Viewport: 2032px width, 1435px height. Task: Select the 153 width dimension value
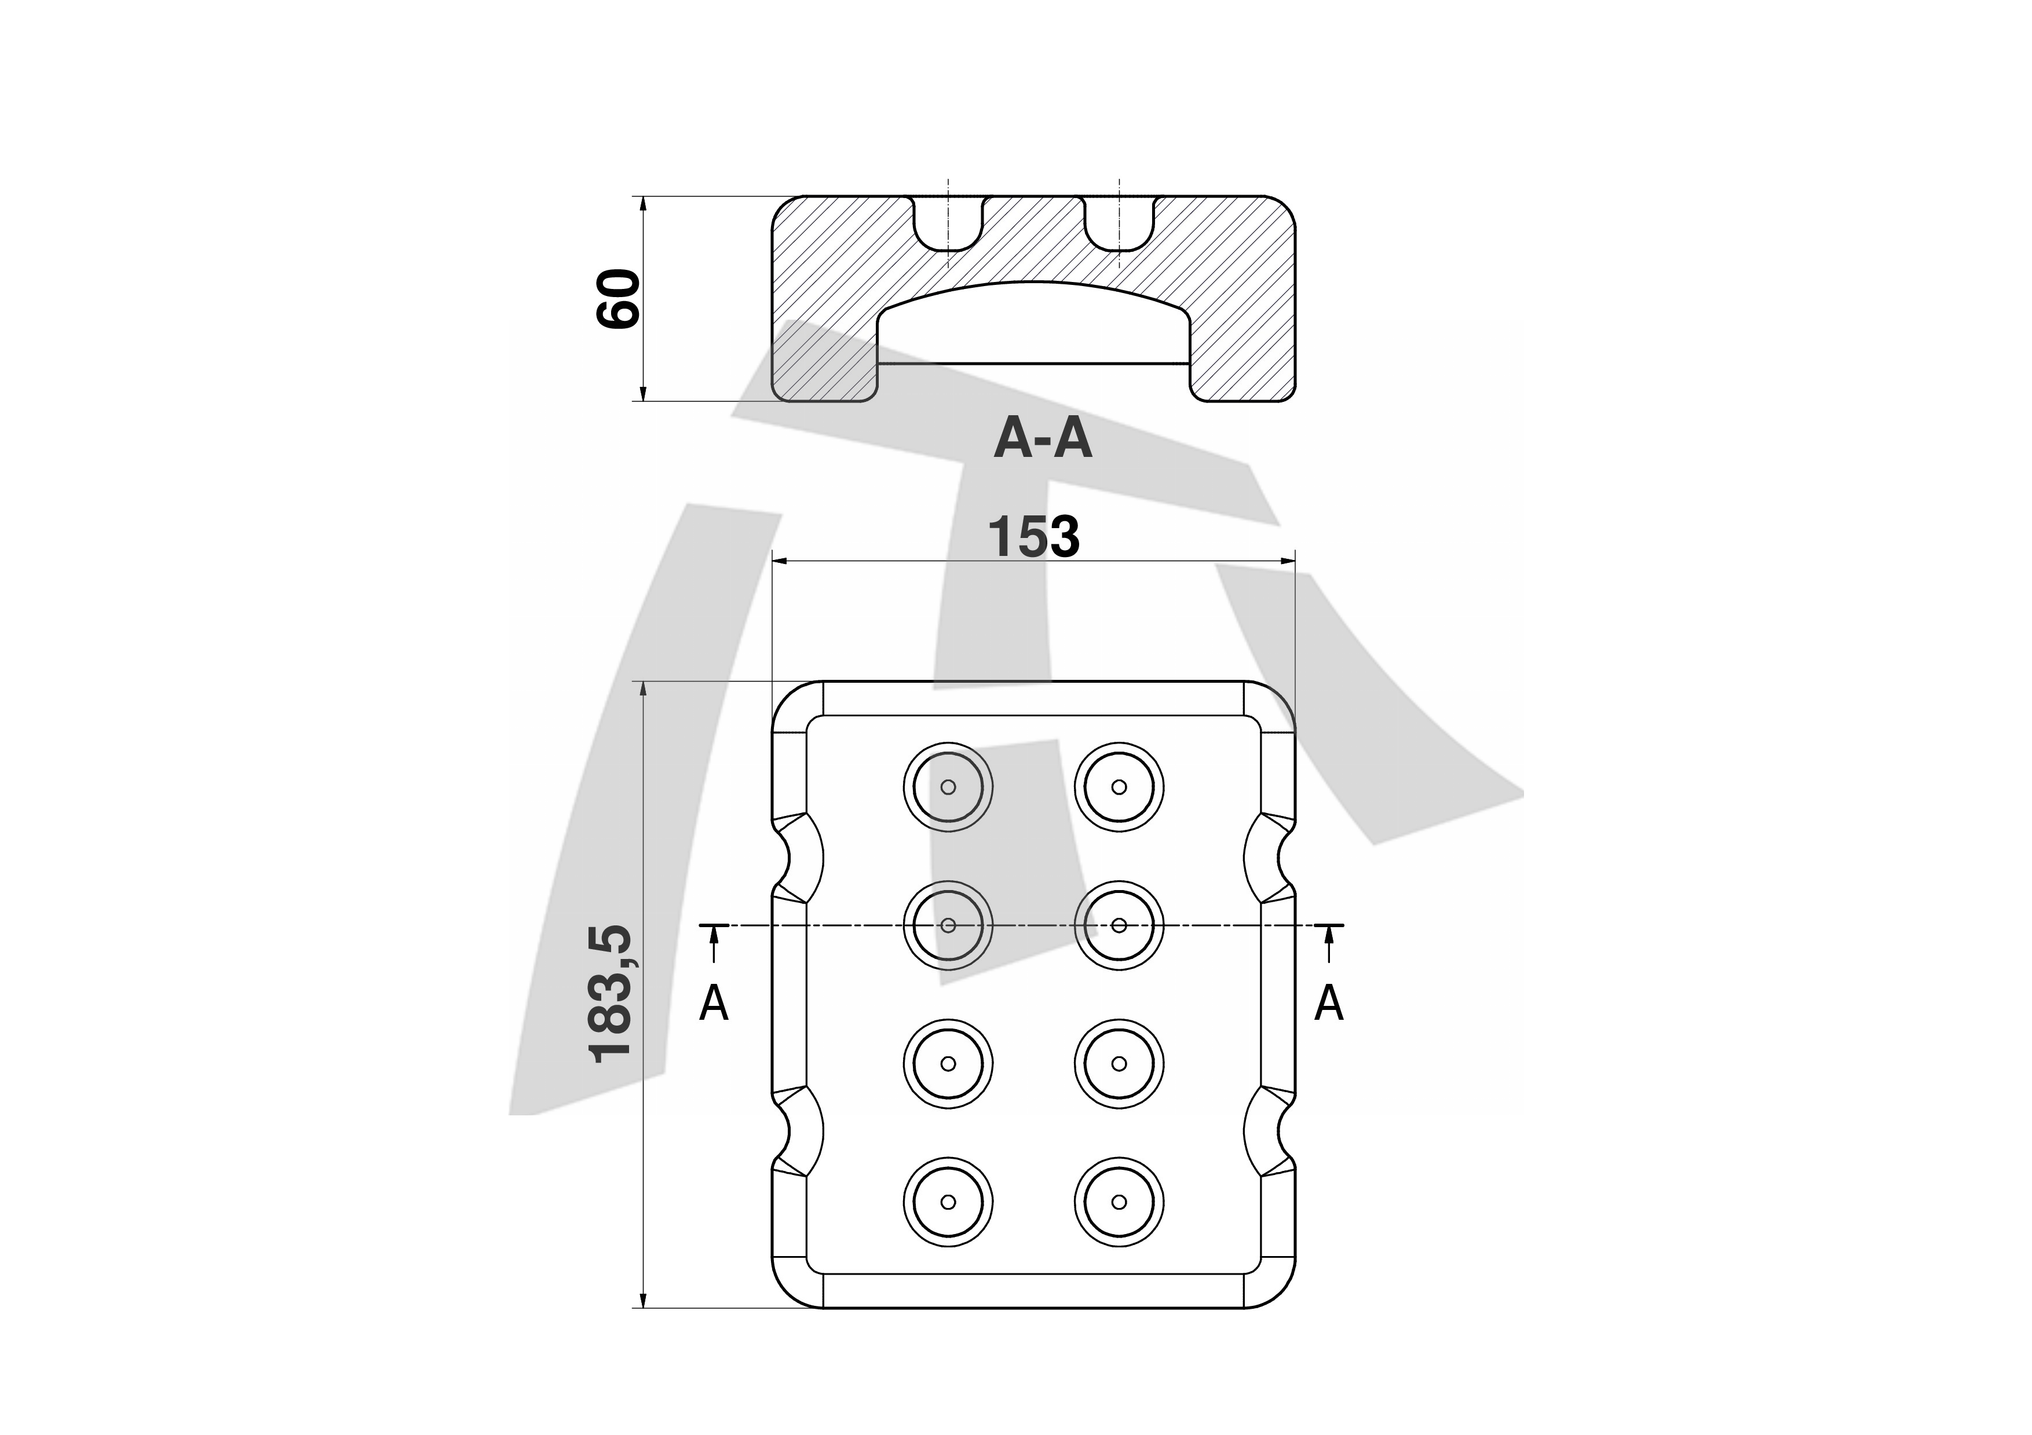(1034, 537)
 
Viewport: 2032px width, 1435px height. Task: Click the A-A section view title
(1043, 439)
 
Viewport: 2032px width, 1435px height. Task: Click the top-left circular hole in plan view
(948, 786)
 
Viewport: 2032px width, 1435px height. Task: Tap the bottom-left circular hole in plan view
(948, 1202)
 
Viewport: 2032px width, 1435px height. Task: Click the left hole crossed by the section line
(948, 925)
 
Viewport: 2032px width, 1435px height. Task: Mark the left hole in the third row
(948, 1063)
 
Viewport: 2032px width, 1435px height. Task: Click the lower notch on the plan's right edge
(1269, 1133)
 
